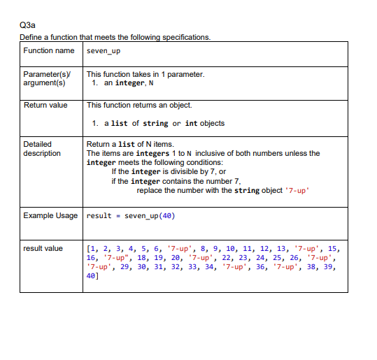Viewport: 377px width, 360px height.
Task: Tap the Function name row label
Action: pos(49,51)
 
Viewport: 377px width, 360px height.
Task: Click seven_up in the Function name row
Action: pos(104,52)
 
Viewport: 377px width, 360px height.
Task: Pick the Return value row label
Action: pos(45,106)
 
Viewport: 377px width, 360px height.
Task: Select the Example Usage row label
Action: pos(50,215)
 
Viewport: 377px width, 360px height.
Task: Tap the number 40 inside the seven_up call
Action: pos(165,215)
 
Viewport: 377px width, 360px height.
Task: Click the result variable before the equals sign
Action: pos(99,215)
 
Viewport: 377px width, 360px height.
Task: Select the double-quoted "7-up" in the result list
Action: pos(120,257)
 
